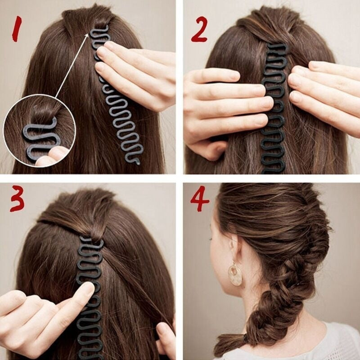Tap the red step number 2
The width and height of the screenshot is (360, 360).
[199, 30]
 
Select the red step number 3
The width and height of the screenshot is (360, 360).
[17, 200]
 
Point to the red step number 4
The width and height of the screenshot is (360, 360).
[199, 200]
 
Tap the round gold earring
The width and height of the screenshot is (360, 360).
[235, 274]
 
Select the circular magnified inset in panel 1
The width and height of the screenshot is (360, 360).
[38, 130]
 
